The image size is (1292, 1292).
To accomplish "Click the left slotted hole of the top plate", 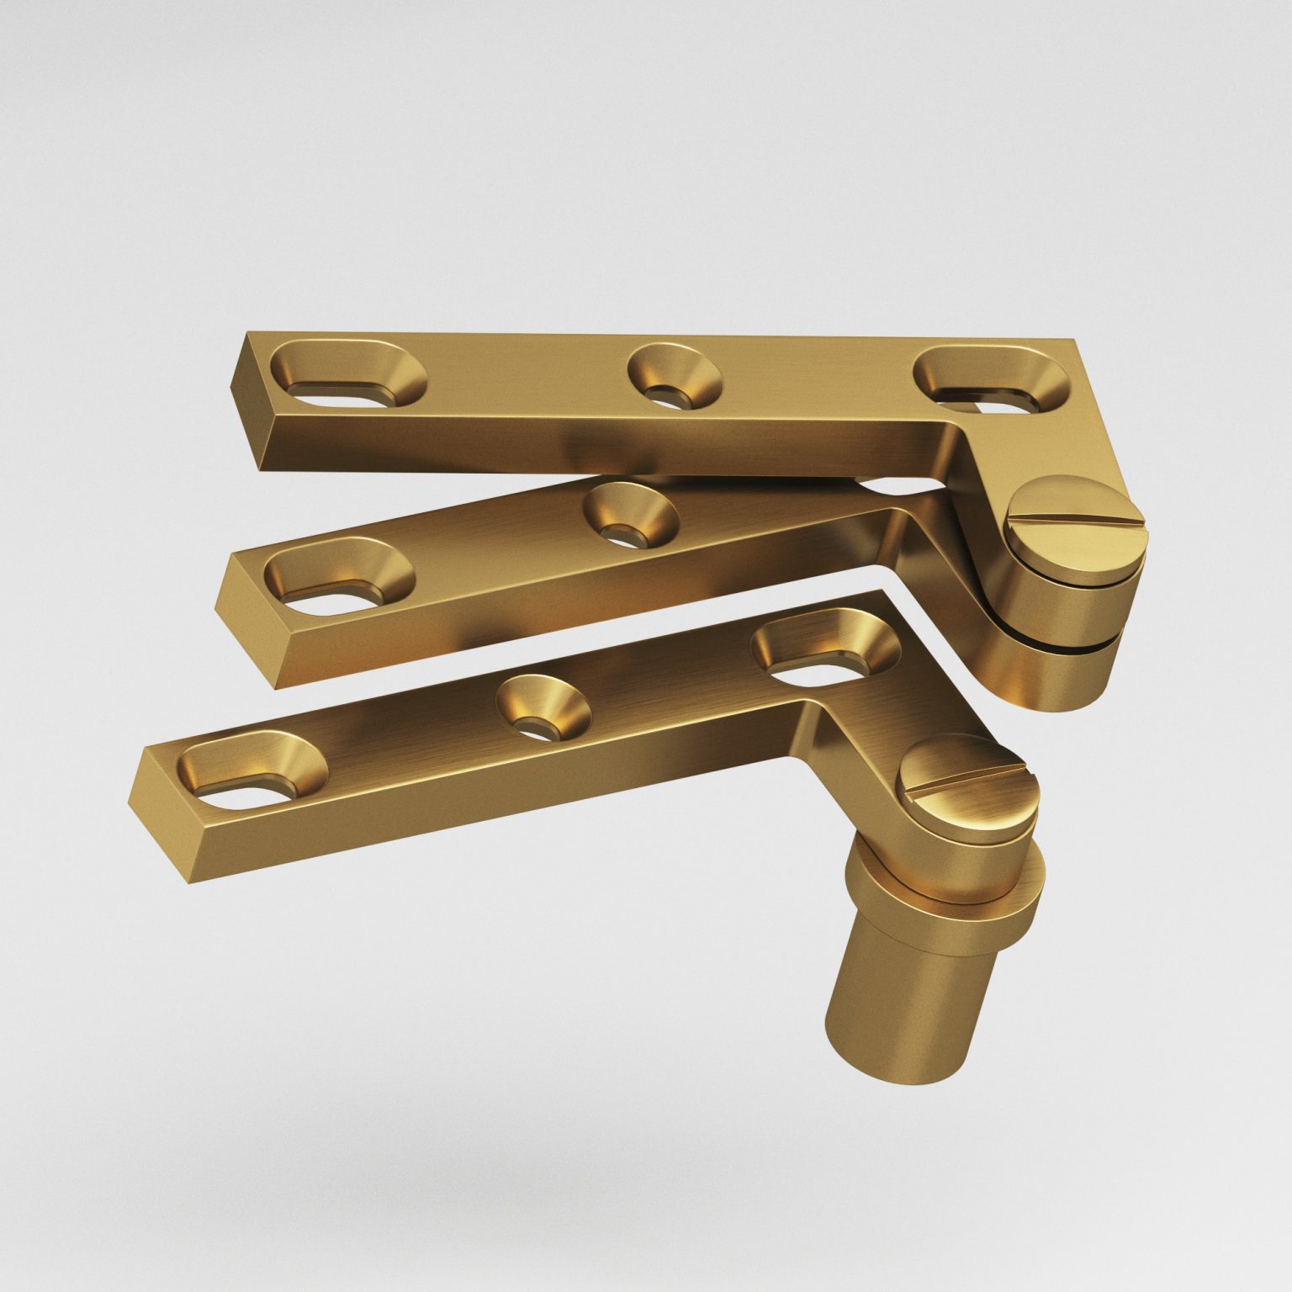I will pos(347,378).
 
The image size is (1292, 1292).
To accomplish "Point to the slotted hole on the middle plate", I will pos(338,580).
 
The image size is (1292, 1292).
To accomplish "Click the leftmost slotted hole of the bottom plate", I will pos(252,774).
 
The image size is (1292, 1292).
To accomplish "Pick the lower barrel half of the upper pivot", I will pos(1051,673).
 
